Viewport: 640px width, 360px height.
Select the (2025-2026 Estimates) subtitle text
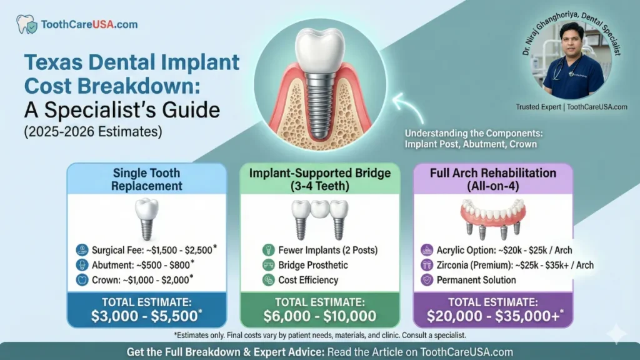(92, 132)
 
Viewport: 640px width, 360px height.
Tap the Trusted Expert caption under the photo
(571, 107)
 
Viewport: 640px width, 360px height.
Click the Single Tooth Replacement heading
(147, 179)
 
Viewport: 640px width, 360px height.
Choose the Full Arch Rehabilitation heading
(492, 179)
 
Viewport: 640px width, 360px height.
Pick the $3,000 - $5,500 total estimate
(147, 316)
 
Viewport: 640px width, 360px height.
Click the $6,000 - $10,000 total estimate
(319, 316)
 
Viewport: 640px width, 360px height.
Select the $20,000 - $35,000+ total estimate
(492, 316)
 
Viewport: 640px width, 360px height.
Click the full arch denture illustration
(492, 216)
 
